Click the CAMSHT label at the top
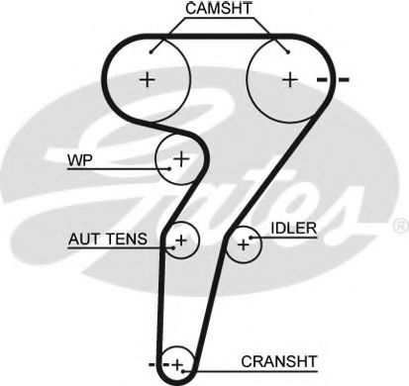[x=216, y=10]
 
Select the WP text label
[x=78, y=159]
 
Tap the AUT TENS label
[x=108, y=239]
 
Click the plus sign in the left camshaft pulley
[x=148, y=79]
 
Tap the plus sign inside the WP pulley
[x=182, y=157]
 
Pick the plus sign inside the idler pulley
[x=243, y=243]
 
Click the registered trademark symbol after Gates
[x=399, y=226]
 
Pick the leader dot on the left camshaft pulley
[x=150, y=49]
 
